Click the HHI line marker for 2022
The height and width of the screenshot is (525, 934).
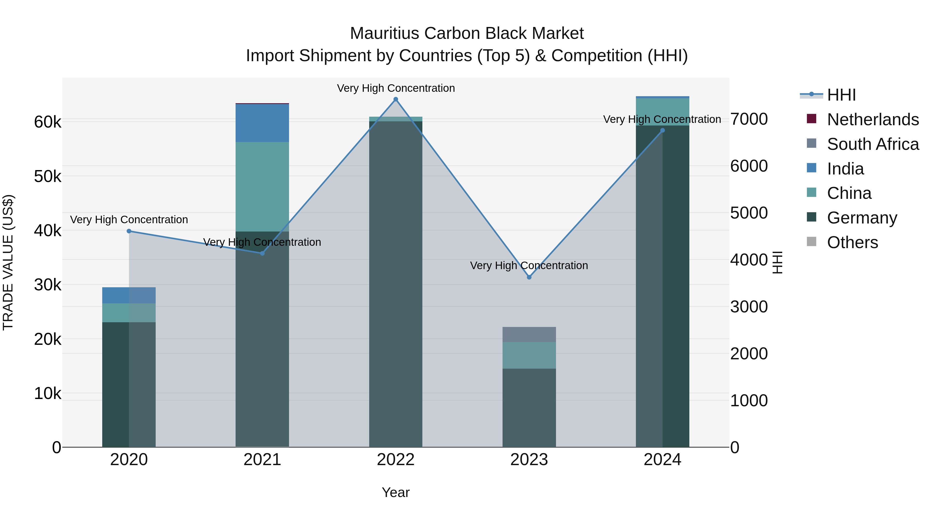pos(396,99)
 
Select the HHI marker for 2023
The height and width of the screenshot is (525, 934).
pos(529,277)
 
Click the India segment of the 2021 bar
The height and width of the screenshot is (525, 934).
pos(262,123)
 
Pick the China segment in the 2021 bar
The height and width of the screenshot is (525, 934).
pos(262,187)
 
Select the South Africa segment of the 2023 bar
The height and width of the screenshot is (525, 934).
pos(529,334)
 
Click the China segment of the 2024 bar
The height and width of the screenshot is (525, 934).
pos(662,111)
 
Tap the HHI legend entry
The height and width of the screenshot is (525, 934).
pos(841,95)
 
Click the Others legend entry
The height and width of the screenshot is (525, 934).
pos(852,242)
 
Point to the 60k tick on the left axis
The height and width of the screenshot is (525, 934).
pos(47,122)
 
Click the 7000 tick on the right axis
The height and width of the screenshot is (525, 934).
pos(749,119)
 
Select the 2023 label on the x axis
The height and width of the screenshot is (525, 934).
pos(529,460)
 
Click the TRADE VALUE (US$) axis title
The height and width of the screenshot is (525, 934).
pos(8,262)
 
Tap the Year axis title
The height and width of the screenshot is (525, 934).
pos(396,492)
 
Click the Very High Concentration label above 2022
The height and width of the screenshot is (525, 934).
pos(396,88)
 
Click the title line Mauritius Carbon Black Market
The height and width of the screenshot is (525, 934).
pos(467,33)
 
